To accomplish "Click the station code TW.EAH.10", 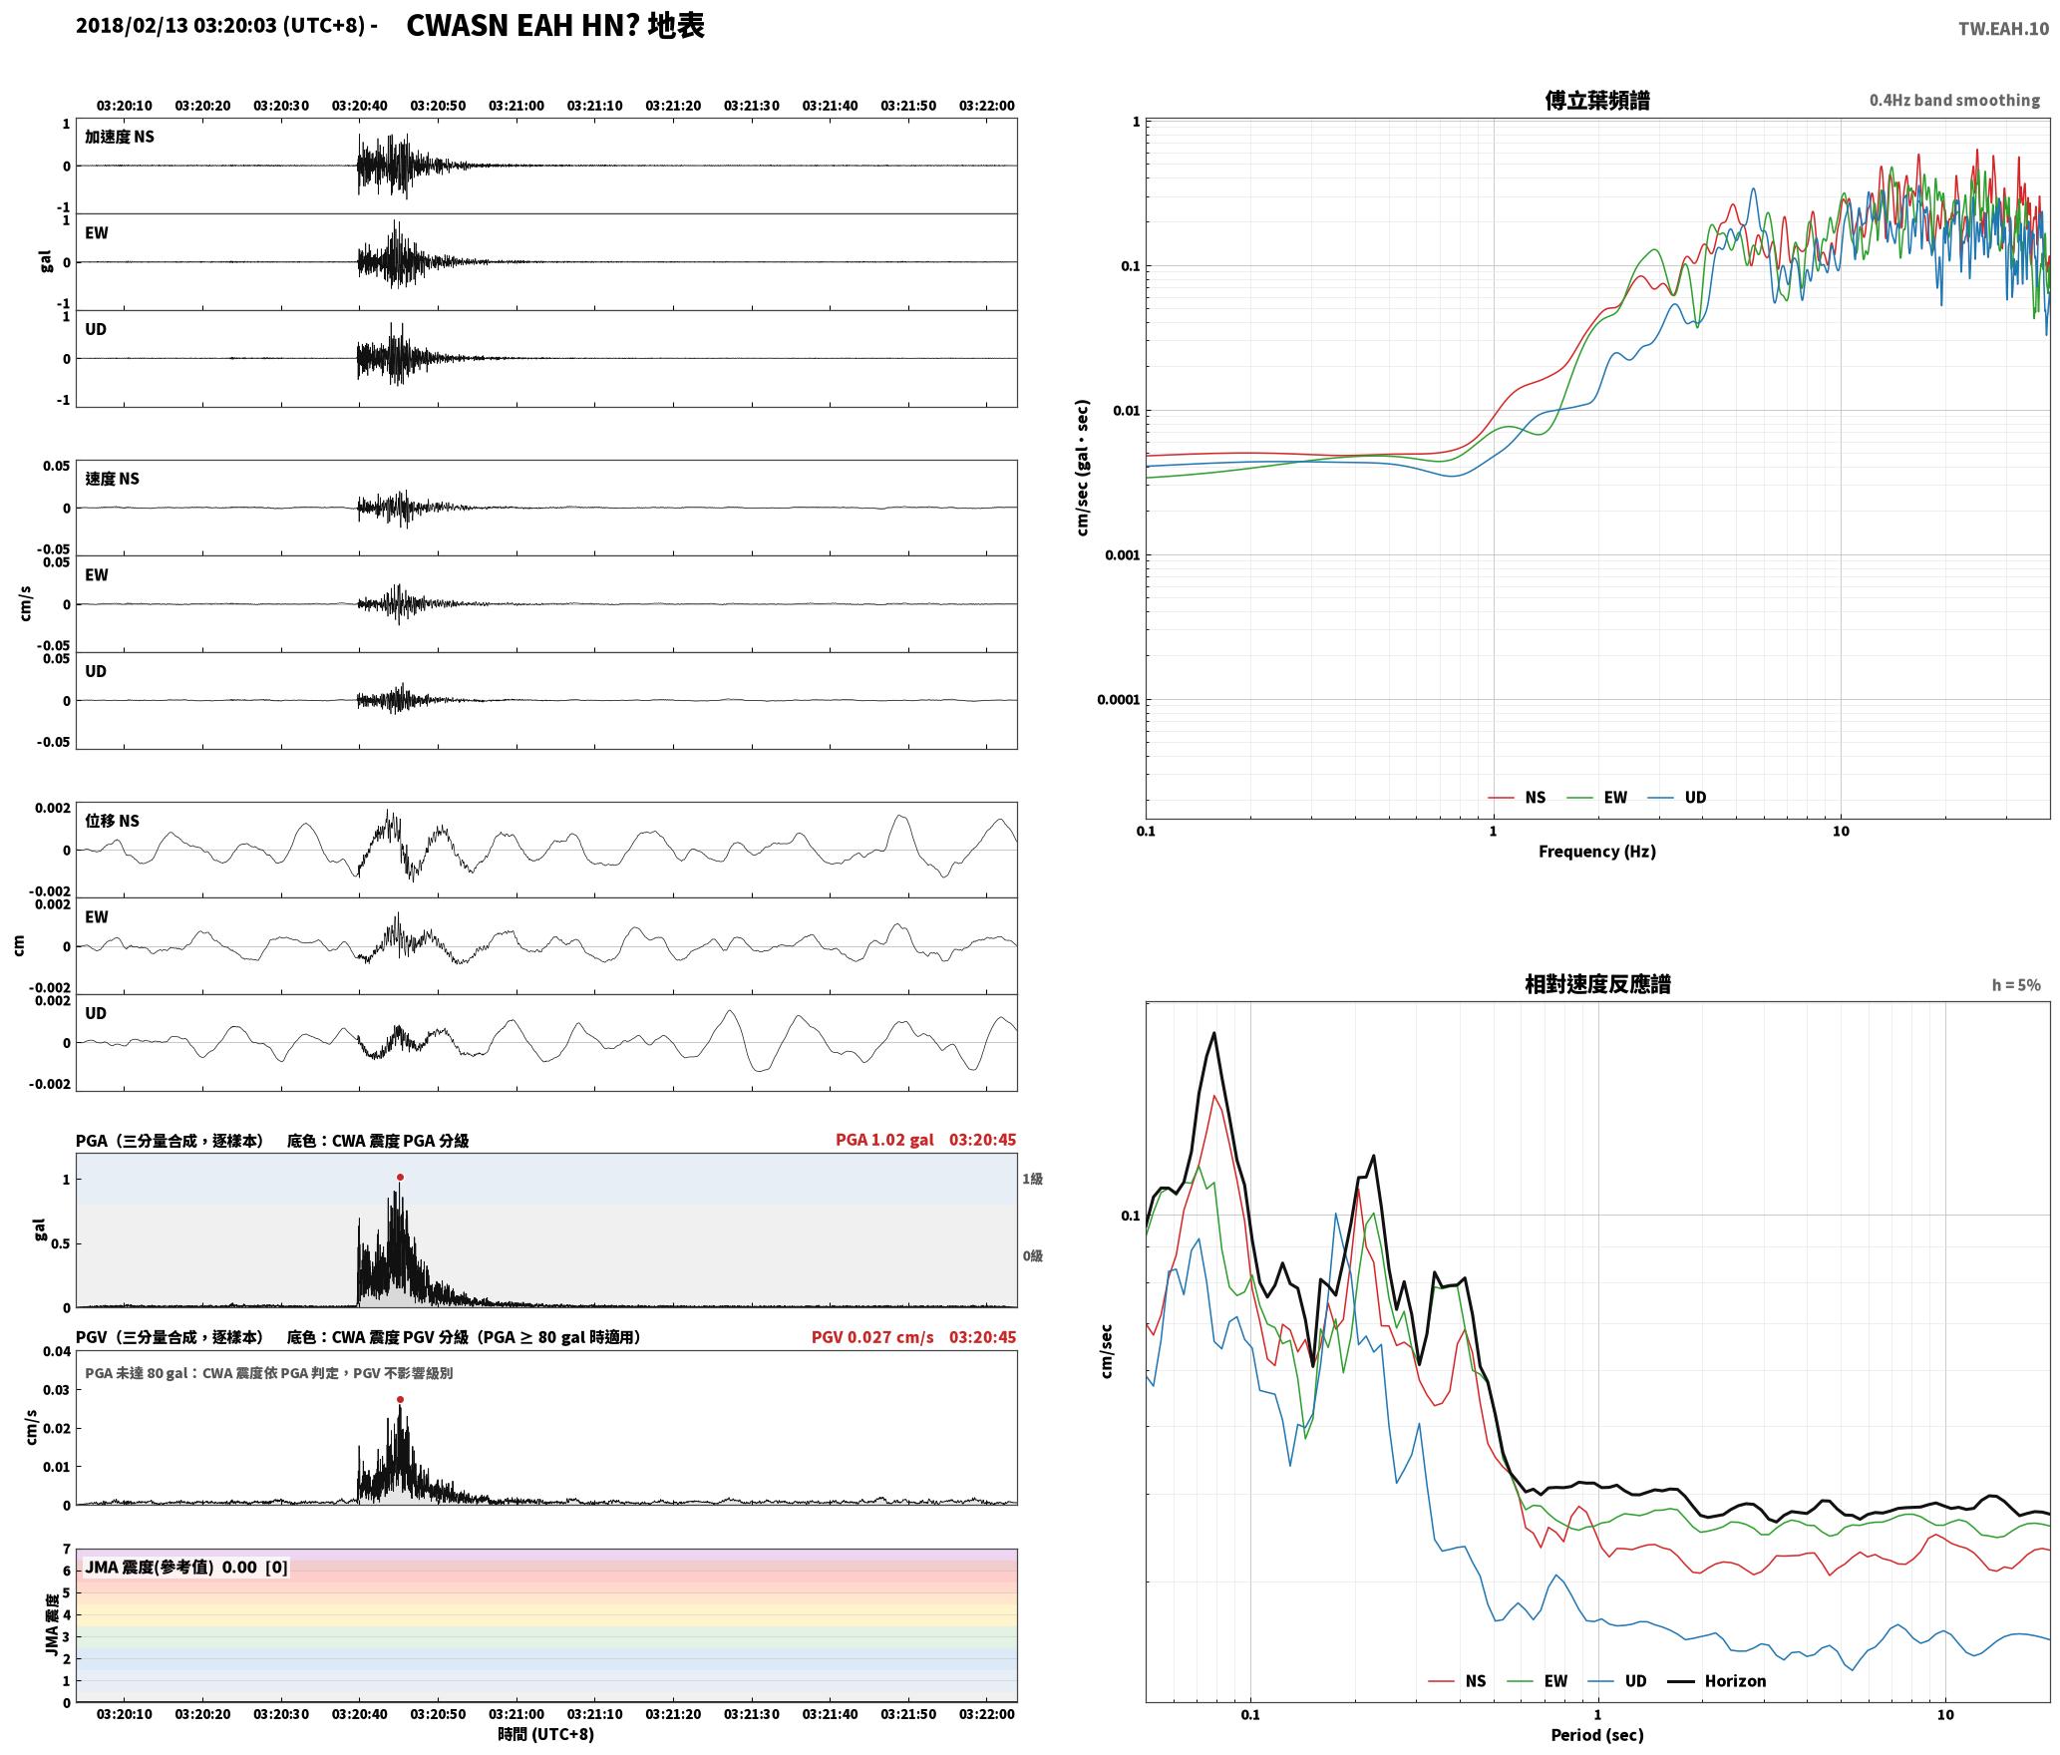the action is (x=2003, y=29).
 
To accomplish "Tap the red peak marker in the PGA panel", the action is (x=400, y=1177).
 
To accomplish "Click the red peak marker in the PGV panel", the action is (x=400, y=1399).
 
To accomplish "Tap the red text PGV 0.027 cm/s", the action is (x=872, y=1337).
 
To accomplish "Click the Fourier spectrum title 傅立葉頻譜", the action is (x=1596, y=100).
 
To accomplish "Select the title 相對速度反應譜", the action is (x=1597, y=983).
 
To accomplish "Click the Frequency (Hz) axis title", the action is (x=1596, y=851).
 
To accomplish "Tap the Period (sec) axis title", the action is (x=1596, y=1734).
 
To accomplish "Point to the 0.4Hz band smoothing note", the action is (x=1954, y=100).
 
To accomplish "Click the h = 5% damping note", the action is (x=2016, y=984).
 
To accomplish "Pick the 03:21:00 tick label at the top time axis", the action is (x=516, y=105).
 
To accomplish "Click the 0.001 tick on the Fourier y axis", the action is (x=1122, y=554).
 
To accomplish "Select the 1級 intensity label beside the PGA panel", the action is (x=1032, y=1179).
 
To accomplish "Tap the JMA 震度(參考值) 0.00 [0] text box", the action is (x=186, y=1567).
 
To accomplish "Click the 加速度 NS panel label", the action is (x=120, y=137).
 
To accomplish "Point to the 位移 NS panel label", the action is (x=112, y=821).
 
